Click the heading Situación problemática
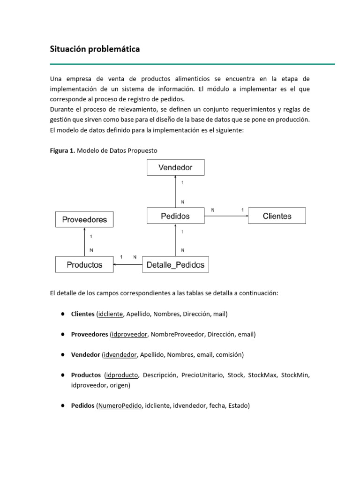pyautogui.click(x=95, y=49)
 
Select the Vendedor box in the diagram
pyautogui.click(x=175, y=167)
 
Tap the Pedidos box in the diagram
pyautogui.click(x=175, y=216)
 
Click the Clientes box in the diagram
pyautogui.click(x=277, y=216)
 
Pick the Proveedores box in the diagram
pyautogui.click(x=84, y=219)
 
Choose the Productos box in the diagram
pyautogui.click(x=84, y=265)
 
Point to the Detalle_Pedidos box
pyautogui.click(x=175, y=265)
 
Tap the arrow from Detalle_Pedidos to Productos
pyautogui.click(x=127, y=265)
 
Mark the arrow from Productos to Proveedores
pyautogui.click(x=84, y=242)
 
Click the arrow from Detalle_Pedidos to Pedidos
pyautogui.click(x=175, y=240)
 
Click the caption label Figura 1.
pyautogui.click(x=62, y=150)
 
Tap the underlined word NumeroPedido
pyautogui.click(x=120, y=406)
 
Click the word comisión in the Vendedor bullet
pyautogui.click(x=228, y=355)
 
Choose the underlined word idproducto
pyautogui.click(x=122, y=375)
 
